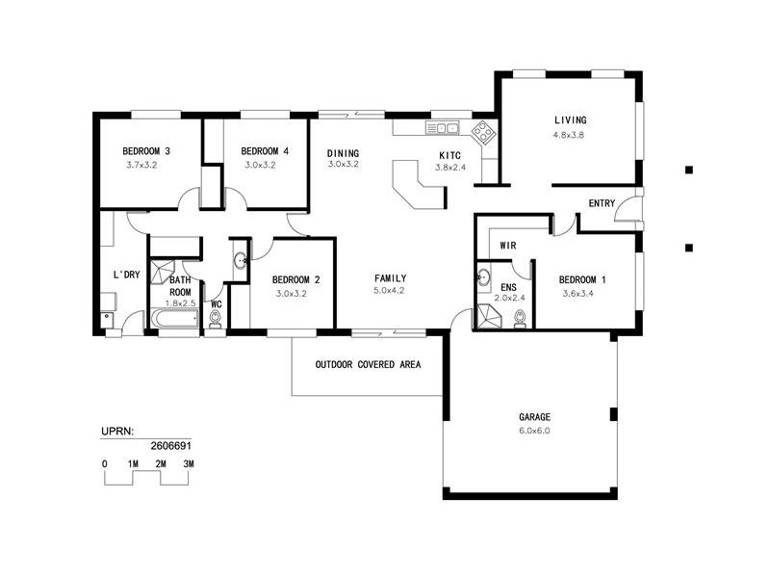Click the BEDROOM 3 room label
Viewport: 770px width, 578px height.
pos(146,151)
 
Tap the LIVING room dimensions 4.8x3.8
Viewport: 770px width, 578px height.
pos(569,135)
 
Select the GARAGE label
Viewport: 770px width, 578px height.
pos(535,417)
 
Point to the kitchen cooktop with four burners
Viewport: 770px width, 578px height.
pos(483,130)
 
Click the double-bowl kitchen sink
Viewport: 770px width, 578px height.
pos(444,128)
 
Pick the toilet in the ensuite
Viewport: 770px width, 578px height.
pos(520,319)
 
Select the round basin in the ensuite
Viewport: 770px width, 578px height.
pos(484,280)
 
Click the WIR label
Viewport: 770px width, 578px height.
pos(508,246)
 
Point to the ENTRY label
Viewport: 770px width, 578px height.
pos(602,203)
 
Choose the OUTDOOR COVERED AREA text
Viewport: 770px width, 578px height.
pos(368,365)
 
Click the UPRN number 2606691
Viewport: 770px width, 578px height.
pos(170,446)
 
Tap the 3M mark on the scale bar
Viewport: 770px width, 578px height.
pos(189,464)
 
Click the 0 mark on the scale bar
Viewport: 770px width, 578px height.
pos(104,464)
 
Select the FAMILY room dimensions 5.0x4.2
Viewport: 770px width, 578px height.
pos(390,291)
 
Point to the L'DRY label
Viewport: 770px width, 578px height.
pos(127,276)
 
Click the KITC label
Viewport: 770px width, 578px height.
pos(449,155)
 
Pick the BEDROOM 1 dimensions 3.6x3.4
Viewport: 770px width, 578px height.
pos(582,294)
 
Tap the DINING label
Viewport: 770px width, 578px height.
pos(343,153)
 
